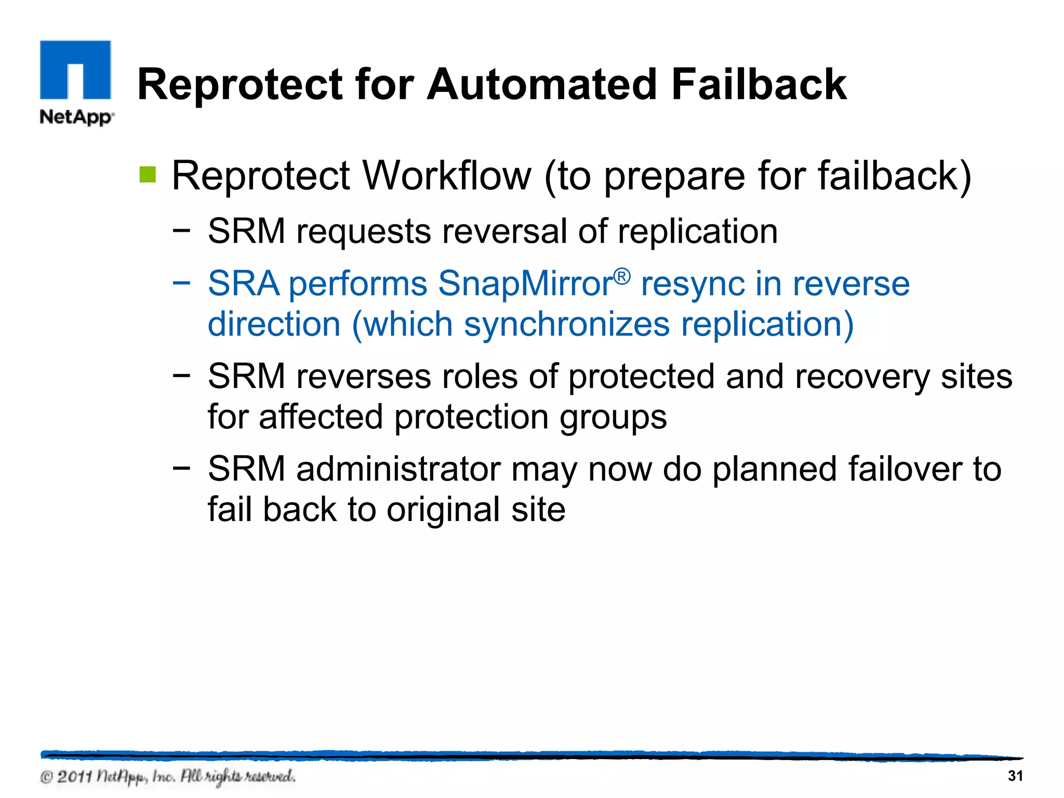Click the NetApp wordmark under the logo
tap(76, 117)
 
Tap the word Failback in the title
tap(759, 85)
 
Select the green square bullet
tap(148, 175)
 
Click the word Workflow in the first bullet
tap(447, 176)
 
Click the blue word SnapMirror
tap(525, 284)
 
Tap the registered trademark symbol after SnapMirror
tap(622, 276)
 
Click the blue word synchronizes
tap(567, 324)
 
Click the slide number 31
tap(1015, 776)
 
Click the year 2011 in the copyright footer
tap(74, 777)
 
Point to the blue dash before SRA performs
tap(181, 284)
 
